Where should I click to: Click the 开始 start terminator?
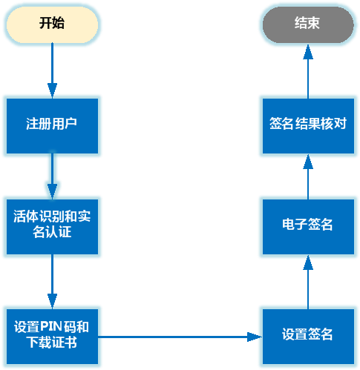[52, 23]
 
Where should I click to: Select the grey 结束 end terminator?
[307, 23]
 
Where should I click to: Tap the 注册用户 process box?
[52, 123]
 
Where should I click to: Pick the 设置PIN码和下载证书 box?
[52, 334]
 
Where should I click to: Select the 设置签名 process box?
[307, 334]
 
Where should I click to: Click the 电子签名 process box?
[307, 225]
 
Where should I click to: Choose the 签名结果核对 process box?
[307, 123]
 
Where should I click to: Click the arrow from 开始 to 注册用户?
[52, 70]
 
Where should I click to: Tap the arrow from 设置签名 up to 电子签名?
[307, 282]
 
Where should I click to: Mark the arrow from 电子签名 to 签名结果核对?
[307, 176]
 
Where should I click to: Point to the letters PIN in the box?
[62, 326]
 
